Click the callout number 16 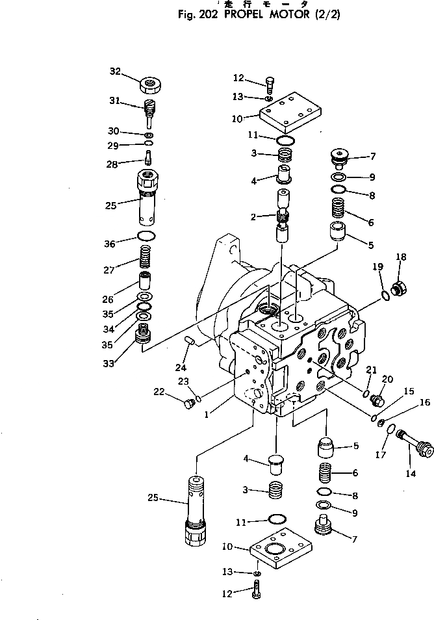425,403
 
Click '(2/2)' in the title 325,14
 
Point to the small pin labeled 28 148,158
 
